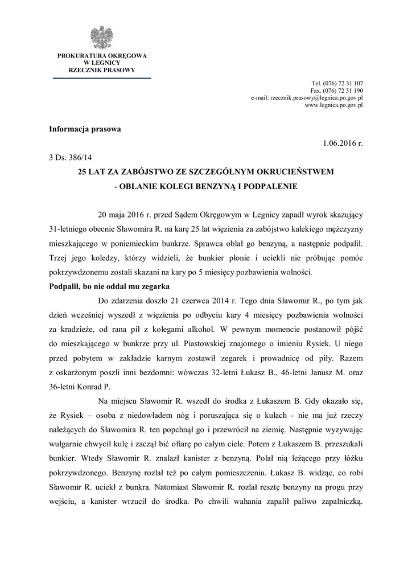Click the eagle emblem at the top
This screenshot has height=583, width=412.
point(101,37)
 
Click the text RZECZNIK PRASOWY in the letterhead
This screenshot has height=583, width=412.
point(102,70)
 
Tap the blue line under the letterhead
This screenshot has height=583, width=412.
point(102,77)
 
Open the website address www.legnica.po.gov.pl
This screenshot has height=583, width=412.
point(334,105)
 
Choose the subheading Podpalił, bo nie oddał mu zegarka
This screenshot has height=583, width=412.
point(109,287)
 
